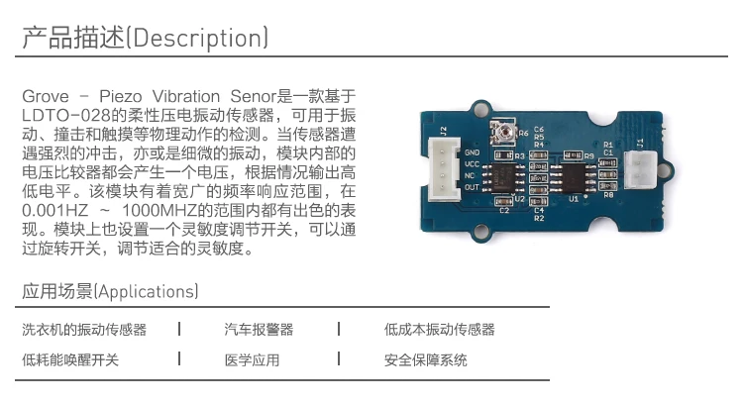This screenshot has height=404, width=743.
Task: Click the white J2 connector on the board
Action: pos(442,168)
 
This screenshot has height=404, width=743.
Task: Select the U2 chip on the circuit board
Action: pos(505,178)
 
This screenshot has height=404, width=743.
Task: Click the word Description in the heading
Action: pos(198,39)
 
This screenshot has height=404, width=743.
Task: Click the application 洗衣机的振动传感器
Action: pos(84,330)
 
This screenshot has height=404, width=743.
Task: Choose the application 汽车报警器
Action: pos(259,330)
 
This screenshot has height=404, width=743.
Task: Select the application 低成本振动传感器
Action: pos(439,330)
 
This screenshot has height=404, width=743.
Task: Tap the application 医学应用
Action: pos(252,360)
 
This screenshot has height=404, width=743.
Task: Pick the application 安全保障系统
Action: pos(425,360)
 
